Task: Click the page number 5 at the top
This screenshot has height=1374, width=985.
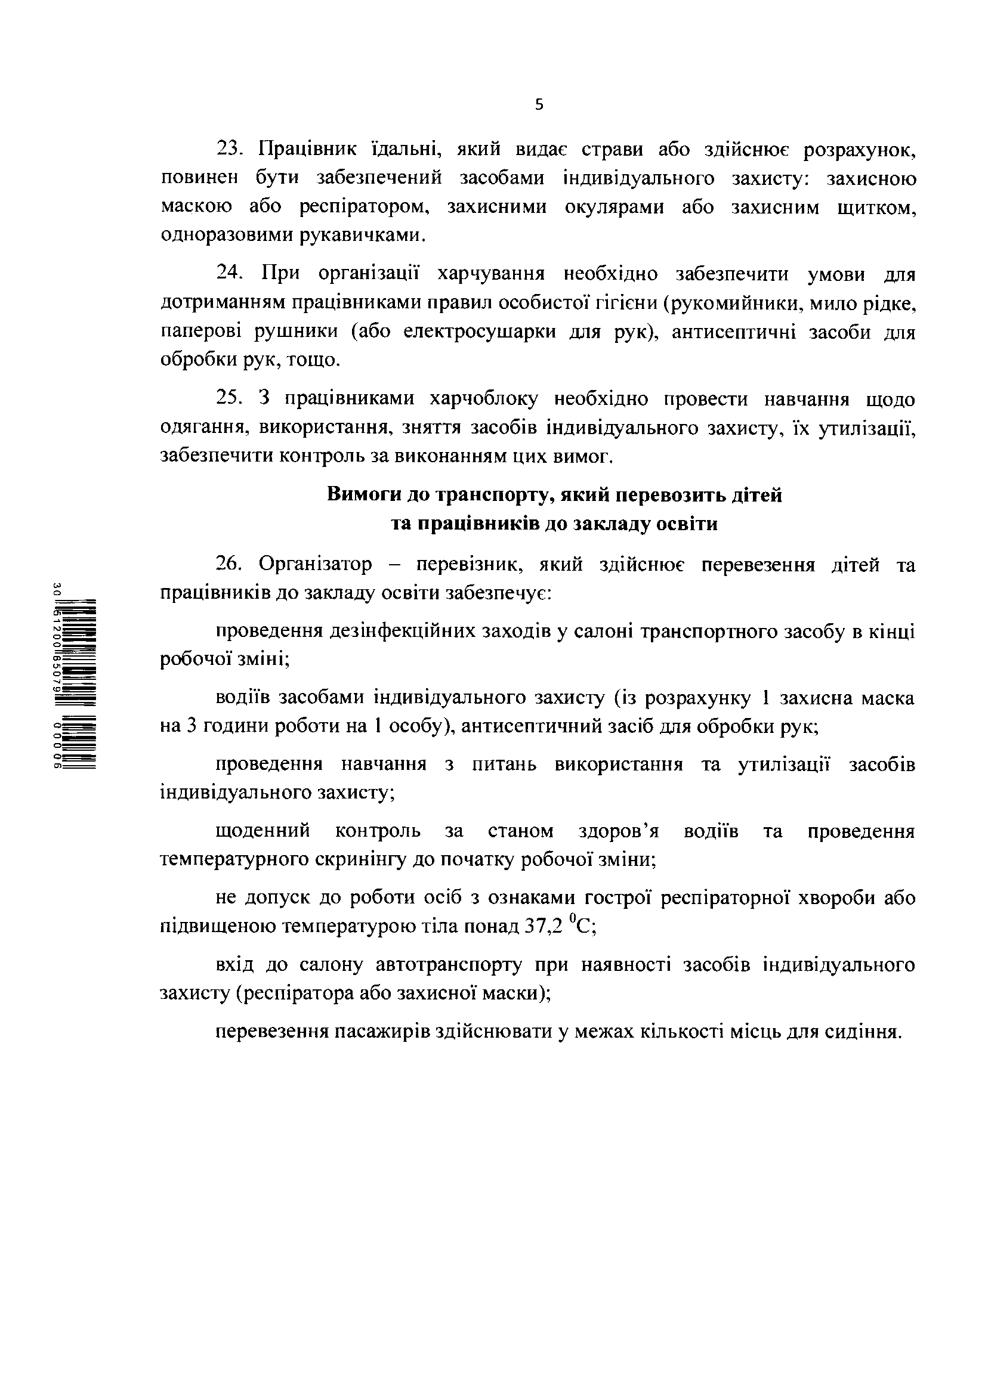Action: click(x=539, y=105)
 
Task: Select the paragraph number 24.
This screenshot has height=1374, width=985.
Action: click(x=229, y=274)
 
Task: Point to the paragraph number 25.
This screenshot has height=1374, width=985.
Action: click(x=229, y=399)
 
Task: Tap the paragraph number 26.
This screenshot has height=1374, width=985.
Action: click(x=229, y=565)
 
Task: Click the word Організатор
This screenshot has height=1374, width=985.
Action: click(x=315, y=565)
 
